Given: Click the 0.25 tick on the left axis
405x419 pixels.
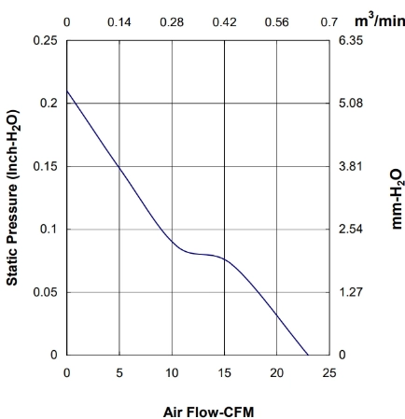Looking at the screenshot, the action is [46, 40].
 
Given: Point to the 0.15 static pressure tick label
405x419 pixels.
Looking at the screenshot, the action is [46, 166].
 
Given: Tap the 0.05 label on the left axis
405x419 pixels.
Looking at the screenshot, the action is [46, 292].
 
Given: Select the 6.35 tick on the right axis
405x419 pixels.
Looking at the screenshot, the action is [351, 40].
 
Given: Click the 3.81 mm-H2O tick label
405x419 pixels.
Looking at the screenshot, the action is [351, 166].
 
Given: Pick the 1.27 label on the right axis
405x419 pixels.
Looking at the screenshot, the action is [351, 292].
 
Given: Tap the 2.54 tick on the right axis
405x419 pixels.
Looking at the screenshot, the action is [351, 230].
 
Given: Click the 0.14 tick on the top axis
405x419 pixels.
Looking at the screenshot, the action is [119, 22].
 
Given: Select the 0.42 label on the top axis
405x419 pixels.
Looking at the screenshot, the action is [224, 22].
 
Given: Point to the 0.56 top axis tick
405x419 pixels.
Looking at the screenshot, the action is [277, 22].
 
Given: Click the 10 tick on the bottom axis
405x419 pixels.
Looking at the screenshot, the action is [172, 372].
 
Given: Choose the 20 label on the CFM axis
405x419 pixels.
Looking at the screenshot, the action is [276, 372].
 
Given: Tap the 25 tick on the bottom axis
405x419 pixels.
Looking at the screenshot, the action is [329, 372].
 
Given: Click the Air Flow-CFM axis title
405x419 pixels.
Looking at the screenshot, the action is [208, 412].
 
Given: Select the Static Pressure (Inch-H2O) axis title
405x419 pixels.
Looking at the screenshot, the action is [13, 198].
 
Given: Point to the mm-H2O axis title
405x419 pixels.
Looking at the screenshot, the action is [398, 199].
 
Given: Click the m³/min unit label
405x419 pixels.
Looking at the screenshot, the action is [380, 21].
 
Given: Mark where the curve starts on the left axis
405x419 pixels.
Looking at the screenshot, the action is [67, 91].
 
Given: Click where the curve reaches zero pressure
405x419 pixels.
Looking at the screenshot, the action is [308, 355].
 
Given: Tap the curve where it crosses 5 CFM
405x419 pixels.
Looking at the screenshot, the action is [119, 167].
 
